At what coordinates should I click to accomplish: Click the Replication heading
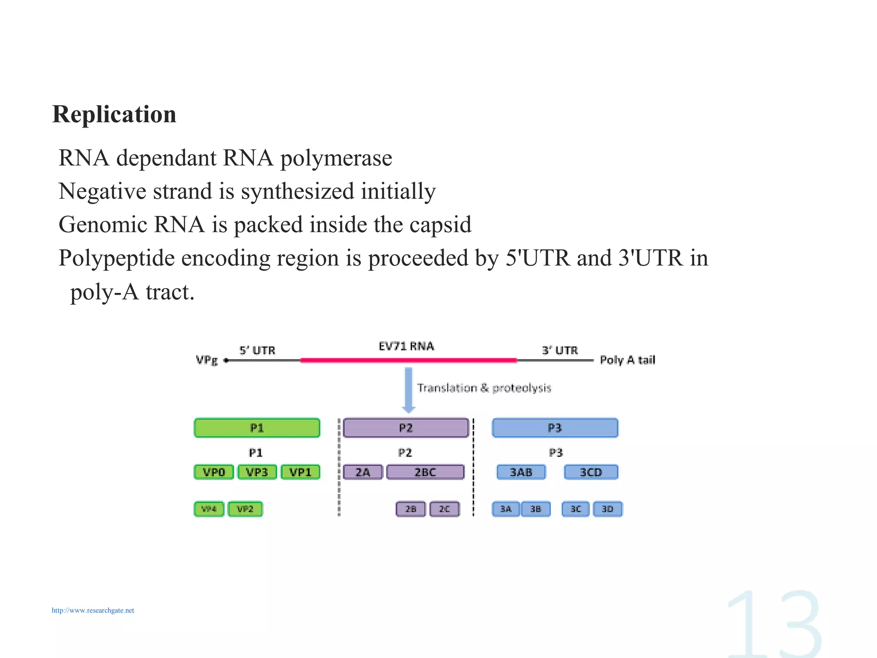(114, 114)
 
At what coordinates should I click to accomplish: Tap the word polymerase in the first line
(336, 158)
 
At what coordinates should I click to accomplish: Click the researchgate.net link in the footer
(93, 610)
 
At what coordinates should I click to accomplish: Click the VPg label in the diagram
(207, 360)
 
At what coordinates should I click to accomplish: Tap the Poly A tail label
(627, 360)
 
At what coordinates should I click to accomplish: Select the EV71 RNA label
(406, 346)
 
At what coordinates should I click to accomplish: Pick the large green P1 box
(257, 428)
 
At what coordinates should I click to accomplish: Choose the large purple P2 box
(406, 428)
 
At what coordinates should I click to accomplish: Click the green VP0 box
(214, 472)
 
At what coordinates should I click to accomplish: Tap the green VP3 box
(257, 472)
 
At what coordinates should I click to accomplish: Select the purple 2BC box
(425, 472)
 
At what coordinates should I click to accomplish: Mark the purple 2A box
(363, 472)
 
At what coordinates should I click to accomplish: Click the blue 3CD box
(591, 472)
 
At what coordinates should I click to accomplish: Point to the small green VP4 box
(209, 509)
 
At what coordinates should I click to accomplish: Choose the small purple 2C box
(444, 509)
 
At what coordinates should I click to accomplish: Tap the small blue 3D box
(608, 509)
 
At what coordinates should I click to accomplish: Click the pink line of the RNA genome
(409, 361)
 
